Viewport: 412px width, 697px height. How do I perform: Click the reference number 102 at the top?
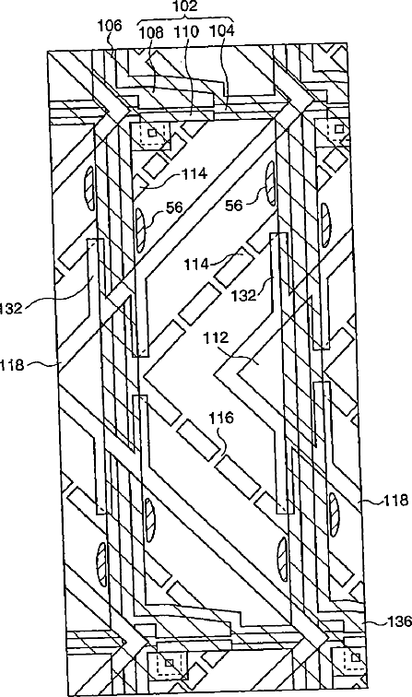(x=186, y=6)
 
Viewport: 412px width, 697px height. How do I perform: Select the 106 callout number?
(x=110, y=25)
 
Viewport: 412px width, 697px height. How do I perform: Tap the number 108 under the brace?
(x=151, y=32)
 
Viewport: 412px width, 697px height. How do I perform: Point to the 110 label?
(x=187, y=32)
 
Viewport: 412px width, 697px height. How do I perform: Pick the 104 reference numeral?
(x=222, y=31)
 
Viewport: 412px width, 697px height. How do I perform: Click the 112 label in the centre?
(x=217, y=337)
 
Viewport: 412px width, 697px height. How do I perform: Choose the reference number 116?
(x=221, y=418)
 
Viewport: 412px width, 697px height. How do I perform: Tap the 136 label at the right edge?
(x=399, y=621)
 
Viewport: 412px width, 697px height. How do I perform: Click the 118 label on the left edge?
(x=11, y=365)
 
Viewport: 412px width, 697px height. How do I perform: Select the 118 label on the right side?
(x=396, y=501)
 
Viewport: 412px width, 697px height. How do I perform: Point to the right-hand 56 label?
(x=235, y=206)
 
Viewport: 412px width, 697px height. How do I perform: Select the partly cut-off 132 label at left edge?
(x=12, y=308)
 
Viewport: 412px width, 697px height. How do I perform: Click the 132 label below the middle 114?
(x=245, y=295)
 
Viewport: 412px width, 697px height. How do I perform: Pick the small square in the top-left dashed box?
(x=152, y=133)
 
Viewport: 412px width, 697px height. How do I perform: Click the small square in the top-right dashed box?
(x=339, y=129)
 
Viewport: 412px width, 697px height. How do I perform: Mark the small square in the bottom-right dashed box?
(x=356, y=657)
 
